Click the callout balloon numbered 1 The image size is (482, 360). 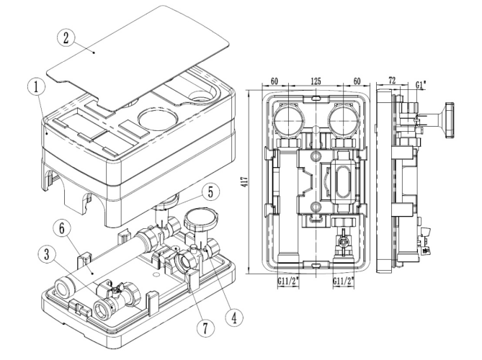coord(36,87)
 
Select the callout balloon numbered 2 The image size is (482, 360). coord(66,38)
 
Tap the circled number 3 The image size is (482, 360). coord(47,255)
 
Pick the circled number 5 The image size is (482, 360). coord(210,192)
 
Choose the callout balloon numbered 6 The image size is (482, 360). coord(62,229)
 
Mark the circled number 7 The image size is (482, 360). coord(205,328)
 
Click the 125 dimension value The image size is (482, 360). coord(316,81)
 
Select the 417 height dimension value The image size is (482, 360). coord(244,181)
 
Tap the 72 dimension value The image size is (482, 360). coord(392,81)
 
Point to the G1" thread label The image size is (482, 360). coord(421,84)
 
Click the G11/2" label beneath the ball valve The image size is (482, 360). coord(344,280)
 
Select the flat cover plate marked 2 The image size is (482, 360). coord(138,58)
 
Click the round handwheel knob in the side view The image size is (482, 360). coord(447,120)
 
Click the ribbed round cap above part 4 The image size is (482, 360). coord(201,217)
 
